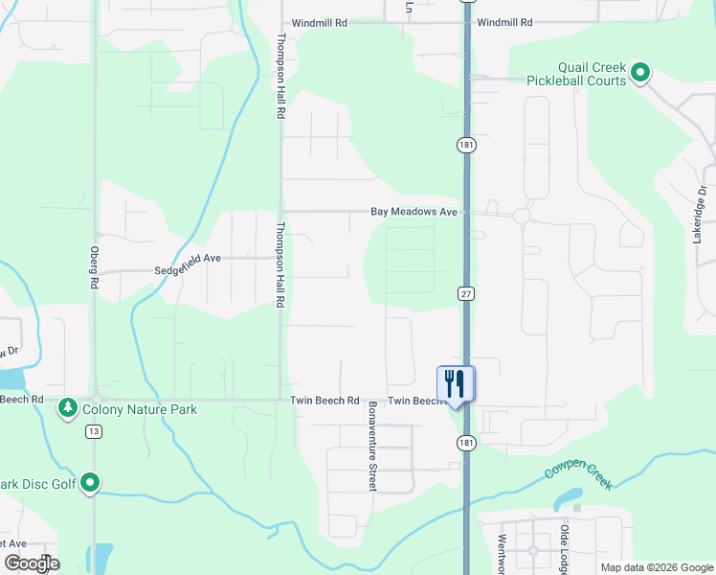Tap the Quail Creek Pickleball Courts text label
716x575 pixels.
point(576,74)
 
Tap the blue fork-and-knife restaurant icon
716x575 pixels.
point(456,384)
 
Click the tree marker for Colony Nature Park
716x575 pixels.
point(68,409)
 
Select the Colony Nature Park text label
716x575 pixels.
point(140,409)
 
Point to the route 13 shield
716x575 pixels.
point(93,432)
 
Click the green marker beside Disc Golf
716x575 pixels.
point(91,483)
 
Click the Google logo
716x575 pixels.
point(32,563)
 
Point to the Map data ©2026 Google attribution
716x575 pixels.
point(656,567)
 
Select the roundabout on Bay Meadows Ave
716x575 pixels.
point(521,216)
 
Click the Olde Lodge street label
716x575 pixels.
point(565,548)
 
